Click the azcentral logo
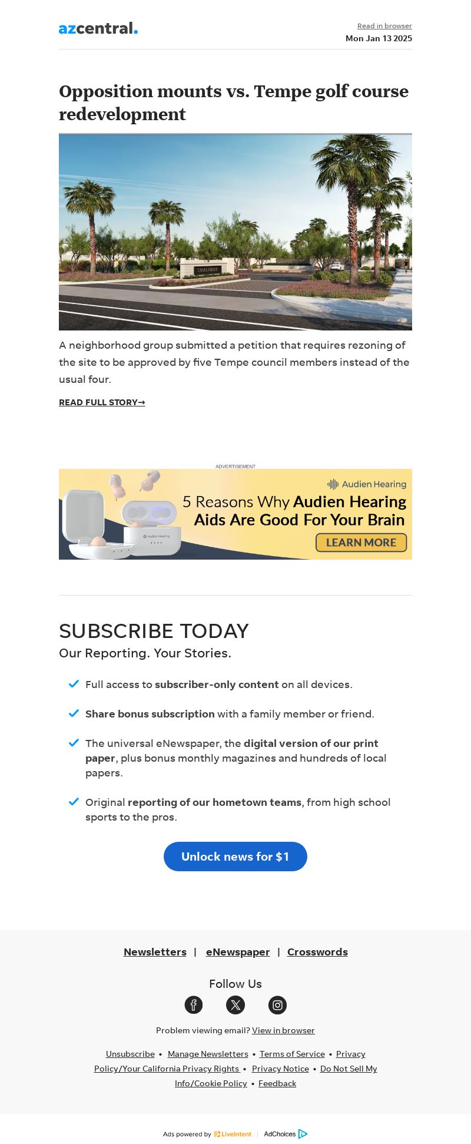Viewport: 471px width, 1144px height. click(98, 28)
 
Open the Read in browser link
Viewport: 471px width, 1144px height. click(384, 26)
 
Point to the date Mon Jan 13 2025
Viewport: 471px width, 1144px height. click(379, 38)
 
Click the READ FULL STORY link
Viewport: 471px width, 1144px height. click(102, 402)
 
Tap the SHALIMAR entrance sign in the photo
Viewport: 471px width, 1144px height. click(207, 270)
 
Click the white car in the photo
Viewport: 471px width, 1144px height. click(337, 266)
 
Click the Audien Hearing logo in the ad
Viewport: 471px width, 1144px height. click(367, 484)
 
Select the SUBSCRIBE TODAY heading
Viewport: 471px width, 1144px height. click(154, 631)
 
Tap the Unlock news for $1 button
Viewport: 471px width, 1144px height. click(235, 857)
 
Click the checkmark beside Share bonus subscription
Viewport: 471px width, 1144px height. click(74, 713)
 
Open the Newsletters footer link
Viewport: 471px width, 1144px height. click(155, 952)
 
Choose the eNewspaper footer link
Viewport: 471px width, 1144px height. click(238, 952)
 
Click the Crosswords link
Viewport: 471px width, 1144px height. click(317, 952)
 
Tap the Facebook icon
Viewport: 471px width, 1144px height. click(194, 1005)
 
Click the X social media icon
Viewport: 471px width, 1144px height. click(235, 1005)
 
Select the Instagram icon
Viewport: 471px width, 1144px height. click(277, 1005)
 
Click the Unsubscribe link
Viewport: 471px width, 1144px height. click(130, 1054)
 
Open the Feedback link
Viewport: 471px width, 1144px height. click(277, 1083)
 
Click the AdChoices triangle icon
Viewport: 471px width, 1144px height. click(303, 1134)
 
